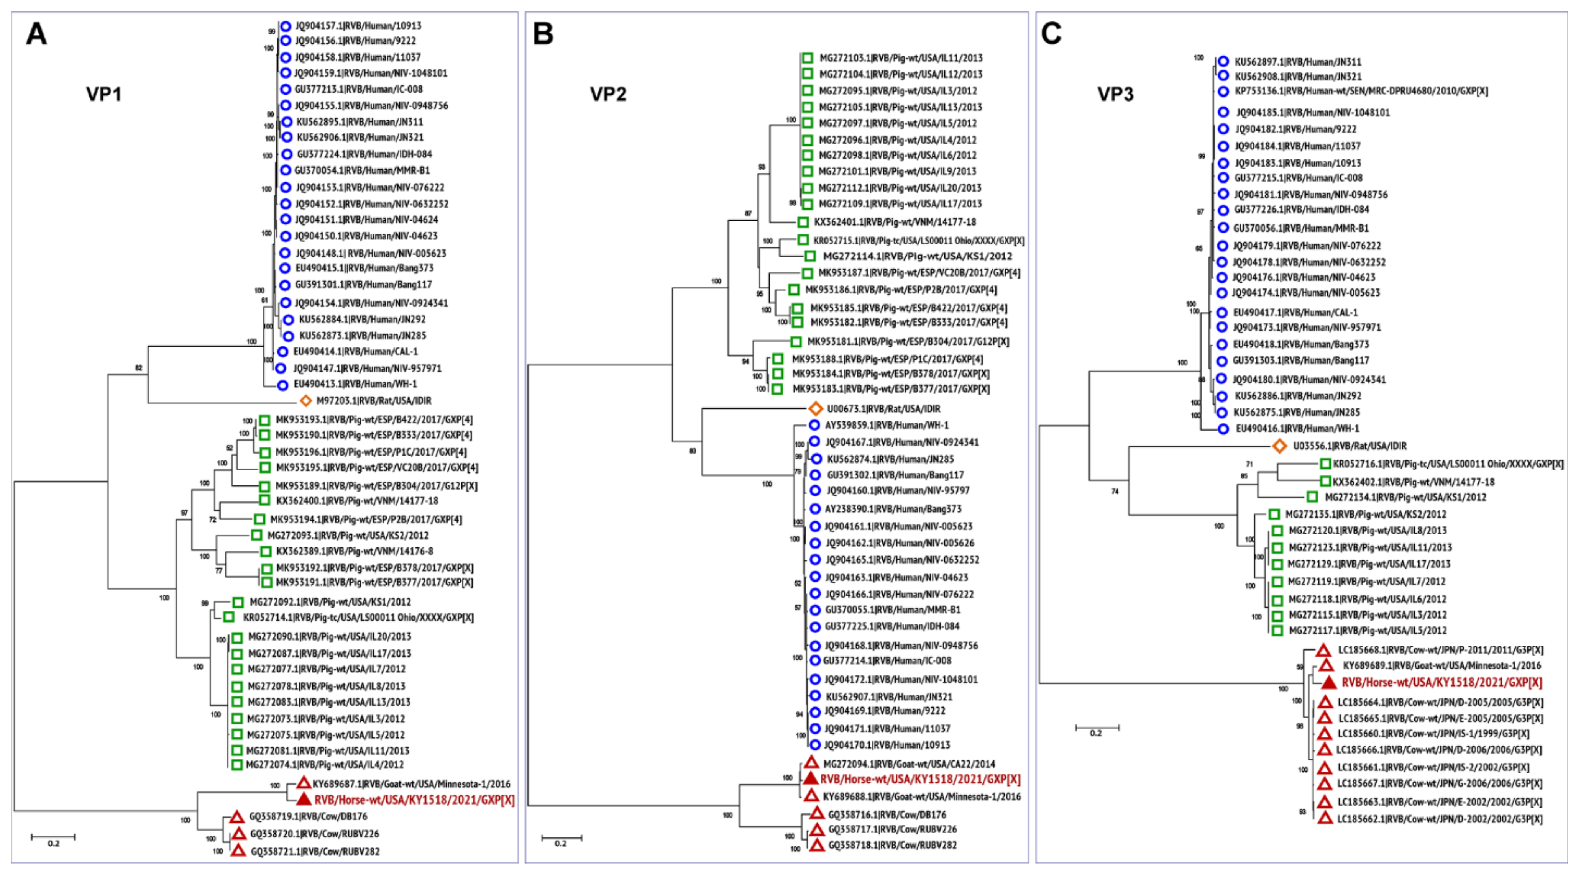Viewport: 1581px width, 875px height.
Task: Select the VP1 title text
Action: pyautogui.click(x=104, y=94)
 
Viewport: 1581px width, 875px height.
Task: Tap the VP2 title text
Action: pyautogui.click(x=608, y=94)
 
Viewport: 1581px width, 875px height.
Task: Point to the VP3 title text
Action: pyautogui.click(x=1115, y=94)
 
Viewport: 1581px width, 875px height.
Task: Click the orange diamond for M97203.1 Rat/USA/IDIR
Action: pyautogui.click(x=305, y=401)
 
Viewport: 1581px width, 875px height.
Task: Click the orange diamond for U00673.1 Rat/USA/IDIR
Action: pyautogui.click(x=815, y=409)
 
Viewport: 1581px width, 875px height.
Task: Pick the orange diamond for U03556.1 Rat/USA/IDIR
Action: pyautogui.click(x=1280, y=446)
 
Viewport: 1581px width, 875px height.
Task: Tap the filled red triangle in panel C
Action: pyautogui.click(x=1329, y=682)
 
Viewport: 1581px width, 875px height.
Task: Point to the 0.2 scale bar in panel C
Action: pyautogui.click(x=1097, y=728)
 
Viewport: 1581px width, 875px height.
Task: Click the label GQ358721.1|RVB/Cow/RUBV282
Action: pyautogui.click(x=315, y=852)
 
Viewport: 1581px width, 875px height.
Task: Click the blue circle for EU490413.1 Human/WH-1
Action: pyautogui.click(x=282, y=385)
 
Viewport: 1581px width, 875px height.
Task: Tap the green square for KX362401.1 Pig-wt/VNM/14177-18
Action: pyautogui.click(x=803, y=222)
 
